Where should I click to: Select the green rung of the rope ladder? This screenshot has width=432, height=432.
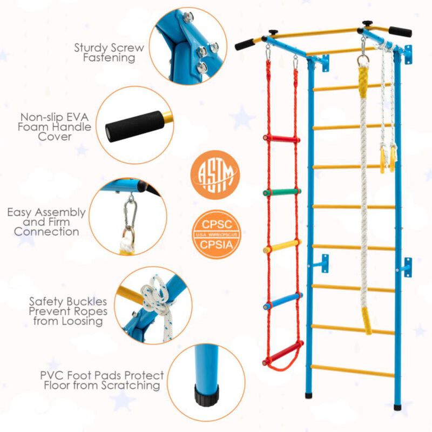pyautogui.click(x=281, y=192)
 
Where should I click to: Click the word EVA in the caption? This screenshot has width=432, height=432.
pyautogui.click(x=82, y=116)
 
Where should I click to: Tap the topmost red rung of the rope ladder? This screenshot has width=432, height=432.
pyautogui.click(x=281, y=139)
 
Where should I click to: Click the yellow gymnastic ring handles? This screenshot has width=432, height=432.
pyautogui.click(x=387, y=158)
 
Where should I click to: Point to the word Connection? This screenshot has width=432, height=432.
pyautogui.click(x=46, y=232)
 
